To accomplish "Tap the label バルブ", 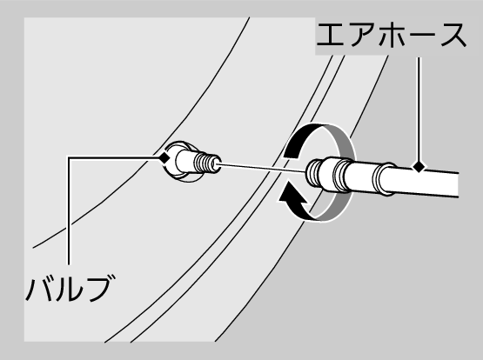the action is pyautogui.click(x=70, y=288).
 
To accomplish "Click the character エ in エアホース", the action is pyautogui.click(x=330, y=35).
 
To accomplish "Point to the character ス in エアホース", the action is pyautogui.click(x=453, y=35).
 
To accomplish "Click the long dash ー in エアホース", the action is pyautogui.click(x=423, y=35).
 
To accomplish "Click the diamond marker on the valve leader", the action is pyautogui.click(x=164, y=158).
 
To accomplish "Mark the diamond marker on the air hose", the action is pyautogui.click(x=419, y=167).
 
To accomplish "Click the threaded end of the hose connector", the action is pyautogui.click(x=312, y=173).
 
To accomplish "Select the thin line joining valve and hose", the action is pyautogui.click(x=262, y=169).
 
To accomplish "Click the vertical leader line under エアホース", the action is pyautogui.click(x=419, y=110).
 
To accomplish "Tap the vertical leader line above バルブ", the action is pyautogui.click(x=69, y=210).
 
